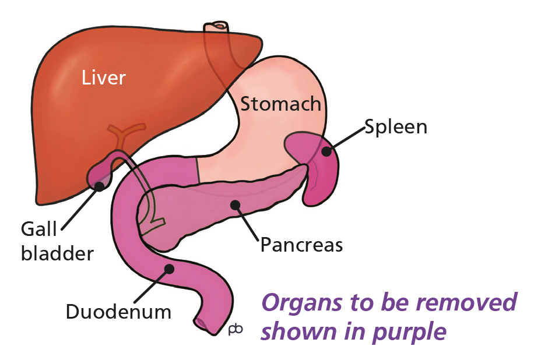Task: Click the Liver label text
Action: point(103,77)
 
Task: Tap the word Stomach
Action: point(281,104)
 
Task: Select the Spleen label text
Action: point(396,127)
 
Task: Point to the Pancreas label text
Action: point(301,244)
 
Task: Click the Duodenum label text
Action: point(118,312)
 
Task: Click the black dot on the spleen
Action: point(327,151)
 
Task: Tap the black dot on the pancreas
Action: point(235,204)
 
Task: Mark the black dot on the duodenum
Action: point(170,269)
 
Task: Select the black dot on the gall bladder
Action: point(99,186)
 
